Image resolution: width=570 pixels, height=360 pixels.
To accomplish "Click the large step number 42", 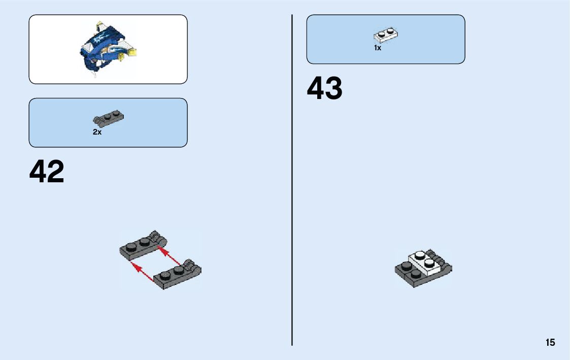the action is pyautogui.click(x=47, y=172).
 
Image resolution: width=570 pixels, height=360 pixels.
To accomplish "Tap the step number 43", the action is pyautogui.click(x=324, y=89).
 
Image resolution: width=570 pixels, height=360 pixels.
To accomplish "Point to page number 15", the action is pyautogui.click(x=550, y=343).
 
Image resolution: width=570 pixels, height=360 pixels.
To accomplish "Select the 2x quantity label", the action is pyautogui.click(x=97, y=132).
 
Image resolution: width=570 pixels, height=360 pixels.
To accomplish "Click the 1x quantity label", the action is pyautogui.click(x=378, y=48).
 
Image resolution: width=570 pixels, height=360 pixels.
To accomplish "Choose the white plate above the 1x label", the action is pyautogui.click(x=386, y=35).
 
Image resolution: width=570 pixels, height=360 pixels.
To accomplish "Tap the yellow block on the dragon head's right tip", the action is pyautogui.click(x=133, y=51).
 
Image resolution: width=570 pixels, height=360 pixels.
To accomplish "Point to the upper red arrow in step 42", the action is pyautogui.click(x=171, y=256).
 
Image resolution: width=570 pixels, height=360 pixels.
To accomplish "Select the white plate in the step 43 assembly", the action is pyautogui.click(x=425, y=264).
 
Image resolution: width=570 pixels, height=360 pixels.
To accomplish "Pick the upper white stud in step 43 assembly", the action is pyautogui.click(x=419, y=255).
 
